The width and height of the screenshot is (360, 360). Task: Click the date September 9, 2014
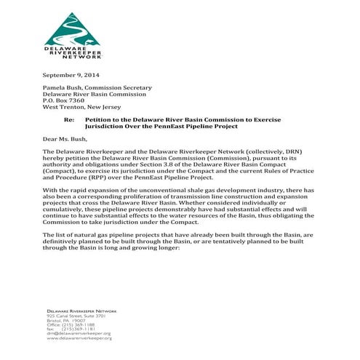tap(71, 76)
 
